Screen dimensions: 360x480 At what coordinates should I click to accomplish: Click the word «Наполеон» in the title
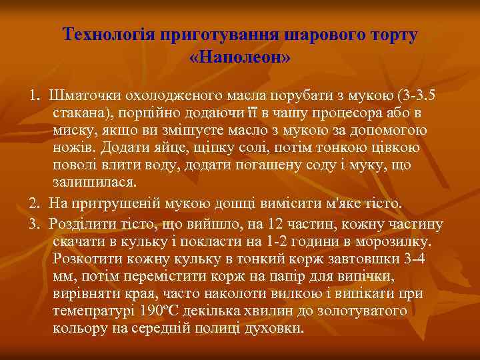point(240,56)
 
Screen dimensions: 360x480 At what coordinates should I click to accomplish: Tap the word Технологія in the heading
point(107,35)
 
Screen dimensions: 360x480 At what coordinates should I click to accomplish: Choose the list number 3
point(33,223)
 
